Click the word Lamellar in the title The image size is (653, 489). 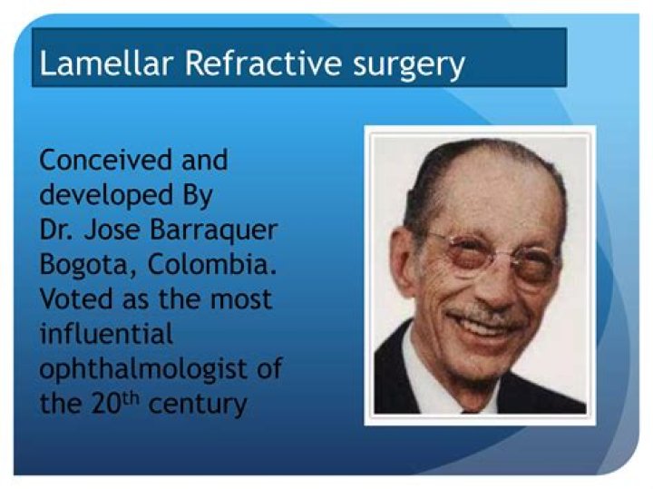[94, 64]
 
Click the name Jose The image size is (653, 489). [118, 230]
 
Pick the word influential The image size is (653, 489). [105, 333]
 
